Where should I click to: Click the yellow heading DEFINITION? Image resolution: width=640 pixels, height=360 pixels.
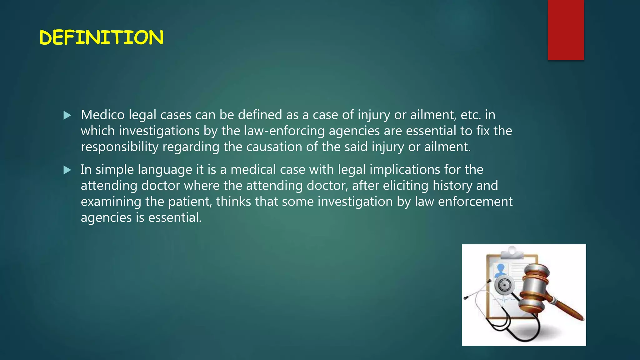pos(101,37)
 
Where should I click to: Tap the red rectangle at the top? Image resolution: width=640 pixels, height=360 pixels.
pos(566,30)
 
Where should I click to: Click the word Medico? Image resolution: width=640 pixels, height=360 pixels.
pos(103,115)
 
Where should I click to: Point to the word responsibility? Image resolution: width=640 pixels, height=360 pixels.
pos(119,147)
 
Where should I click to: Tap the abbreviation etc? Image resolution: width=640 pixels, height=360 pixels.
pos(471,115)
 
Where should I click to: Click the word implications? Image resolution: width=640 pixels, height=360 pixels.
pos(405,170)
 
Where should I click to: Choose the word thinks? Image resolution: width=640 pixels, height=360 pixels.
pos(233,202)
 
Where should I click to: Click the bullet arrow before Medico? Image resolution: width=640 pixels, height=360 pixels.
pos(67,116)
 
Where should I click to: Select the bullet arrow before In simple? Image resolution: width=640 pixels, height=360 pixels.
pos(67,170)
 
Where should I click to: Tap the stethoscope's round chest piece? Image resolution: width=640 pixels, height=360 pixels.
pos(504,285)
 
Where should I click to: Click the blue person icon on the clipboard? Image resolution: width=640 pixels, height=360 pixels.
pos(501,269)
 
